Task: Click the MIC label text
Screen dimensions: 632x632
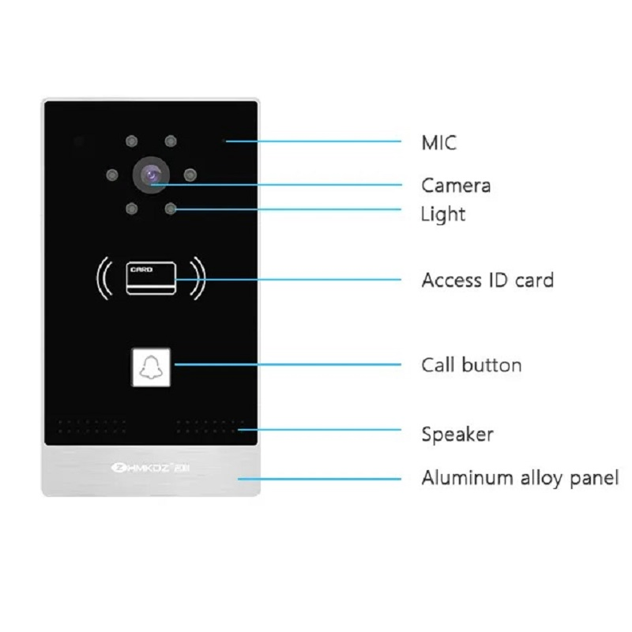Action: coord(439,143)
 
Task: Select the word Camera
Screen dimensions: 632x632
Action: coord(456,186)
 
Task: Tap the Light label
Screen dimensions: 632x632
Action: coord(443,214)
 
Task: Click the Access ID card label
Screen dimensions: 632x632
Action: coord(487,280)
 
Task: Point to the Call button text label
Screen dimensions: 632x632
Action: coord(472,365)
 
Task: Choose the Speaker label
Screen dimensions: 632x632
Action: coord(457,434)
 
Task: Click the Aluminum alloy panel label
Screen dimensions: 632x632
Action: coord(520,478)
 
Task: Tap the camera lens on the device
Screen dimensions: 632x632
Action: coord(151,175)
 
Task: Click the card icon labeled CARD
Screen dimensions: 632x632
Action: coord(151,278)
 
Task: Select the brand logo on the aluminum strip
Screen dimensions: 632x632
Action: coord(150,468)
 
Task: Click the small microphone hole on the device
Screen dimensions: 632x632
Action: coord(224,141)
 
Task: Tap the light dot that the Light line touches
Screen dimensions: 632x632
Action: coord(171,209)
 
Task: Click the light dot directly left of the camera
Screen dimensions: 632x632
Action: coord(112,175)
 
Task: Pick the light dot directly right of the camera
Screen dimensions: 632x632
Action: coord(190,175)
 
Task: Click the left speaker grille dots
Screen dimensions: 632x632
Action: coord(92,427)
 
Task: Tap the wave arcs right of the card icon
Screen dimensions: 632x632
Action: coord(198,278)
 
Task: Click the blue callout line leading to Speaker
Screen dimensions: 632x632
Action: coord(320,430)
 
